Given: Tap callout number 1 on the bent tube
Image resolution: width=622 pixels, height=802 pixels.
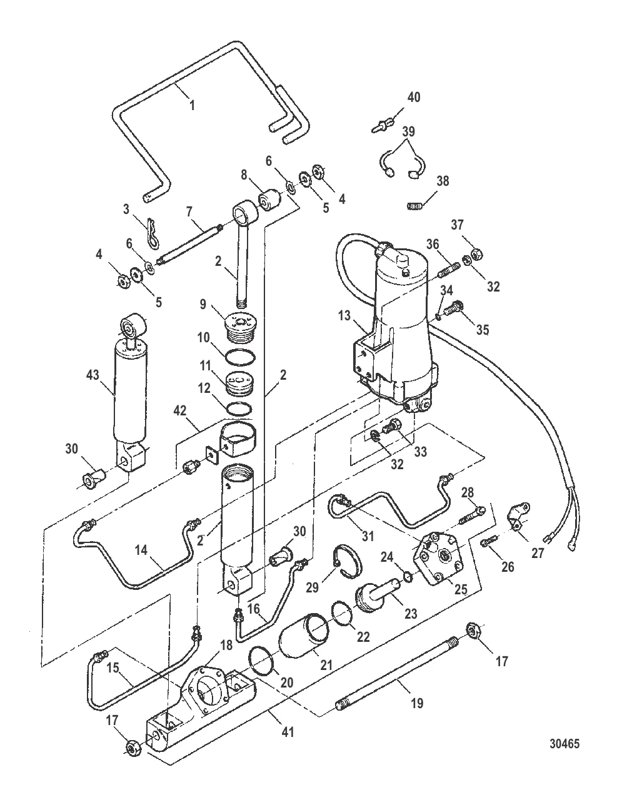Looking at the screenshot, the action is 192,105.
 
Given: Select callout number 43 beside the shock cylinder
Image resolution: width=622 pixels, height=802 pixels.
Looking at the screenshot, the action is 93,375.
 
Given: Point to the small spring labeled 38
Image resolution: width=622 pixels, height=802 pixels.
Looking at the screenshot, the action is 414,206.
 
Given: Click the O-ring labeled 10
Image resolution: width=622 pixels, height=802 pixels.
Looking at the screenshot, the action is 241,357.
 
